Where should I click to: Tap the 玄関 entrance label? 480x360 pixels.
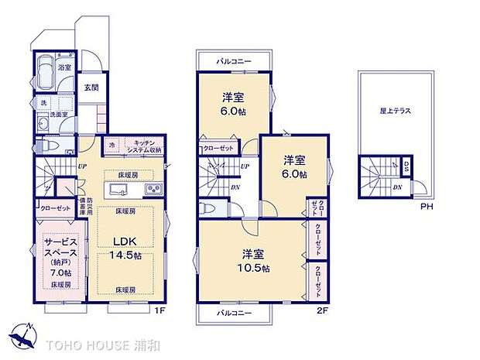[91, 87]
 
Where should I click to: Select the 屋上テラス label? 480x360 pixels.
[395, 111]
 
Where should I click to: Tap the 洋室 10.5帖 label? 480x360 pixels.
[253, 259]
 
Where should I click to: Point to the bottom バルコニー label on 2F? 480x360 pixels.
[234, 313]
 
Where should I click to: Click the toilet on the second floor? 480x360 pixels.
[207, 208]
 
